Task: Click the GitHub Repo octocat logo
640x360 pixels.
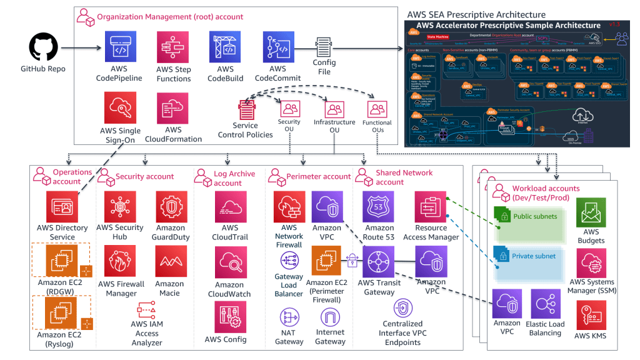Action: click(43, 47)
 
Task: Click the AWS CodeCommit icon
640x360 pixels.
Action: click(278, 47)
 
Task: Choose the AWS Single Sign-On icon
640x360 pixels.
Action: click(120, 109)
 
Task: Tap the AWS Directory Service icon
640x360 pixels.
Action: click(62, 207)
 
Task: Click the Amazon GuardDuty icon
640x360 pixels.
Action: click(170, 207)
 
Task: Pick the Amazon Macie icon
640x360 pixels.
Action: click(170, 262)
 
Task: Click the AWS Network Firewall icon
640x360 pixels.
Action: click(289, 207)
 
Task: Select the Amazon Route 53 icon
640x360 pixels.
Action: click(379, 207)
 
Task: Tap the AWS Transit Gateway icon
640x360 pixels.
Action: click(379, 262)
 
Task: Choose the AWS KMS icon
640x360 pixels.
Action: click(590, 316)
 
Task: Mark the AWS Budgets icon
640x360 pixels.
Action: click(591, 214)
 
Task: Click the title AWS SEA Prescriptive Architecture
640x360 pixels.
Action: click(476, 14)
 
